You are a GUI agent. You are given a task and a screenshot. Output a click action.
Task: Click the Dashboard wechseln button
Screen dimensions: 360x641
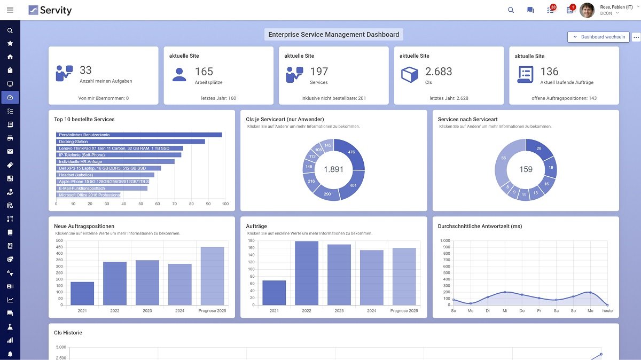pos(598,37)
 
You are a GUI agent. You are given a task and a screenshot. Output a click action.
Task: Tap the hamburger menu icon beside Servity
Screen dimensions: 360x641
pos(10,10)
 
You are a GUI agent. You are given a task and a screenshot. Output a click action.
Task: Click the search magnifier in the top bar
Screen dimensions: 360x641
pos(511,10)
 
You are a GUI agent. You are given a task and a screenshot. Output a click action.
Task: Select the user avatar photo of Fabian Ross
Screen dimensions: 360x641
pos(587,10)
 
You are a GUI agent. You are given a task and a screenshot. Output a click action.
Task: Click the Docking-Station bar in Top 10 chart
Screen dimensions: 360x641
pos(130,142)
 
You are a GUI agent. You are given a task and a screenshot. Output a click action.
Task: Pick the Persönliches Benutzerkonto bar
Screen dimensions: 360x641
pos(139,135)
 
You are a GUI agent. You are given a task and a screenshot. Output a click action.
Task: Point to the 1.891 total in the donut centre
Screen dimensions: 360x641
pos(333,169)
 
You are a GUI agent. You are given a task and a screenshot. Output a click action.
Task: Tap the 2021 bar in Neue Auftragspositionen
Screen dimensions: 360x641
pos(82,293)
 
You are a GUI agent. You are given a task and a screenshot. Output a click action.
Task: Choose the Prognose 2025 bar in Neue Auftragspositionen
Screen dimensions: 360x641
pos(212,276)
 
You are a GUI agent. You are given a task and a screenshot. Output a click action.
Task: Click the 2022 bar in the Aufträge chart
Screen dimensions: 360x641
pos(306,273)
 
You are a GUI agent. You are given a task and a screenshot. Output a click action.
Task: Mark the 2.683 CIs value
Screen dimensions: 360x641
pos(439,72)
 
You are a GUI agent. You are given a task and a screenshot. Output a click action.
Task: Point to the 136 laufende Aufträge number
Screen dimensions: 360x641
pos(549,72)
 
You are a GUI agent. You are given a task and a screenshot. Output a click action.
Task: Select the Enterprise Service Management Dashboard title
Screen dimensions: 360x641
pos(333,35)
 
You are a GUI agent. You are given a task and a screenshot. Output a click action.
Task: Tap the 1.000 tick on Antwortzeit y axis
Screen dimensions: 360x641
pos(445,241)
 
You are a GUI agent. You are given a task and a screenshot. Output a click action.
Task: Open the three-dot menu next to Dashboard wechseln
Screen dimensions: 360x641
pos(636,37)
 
